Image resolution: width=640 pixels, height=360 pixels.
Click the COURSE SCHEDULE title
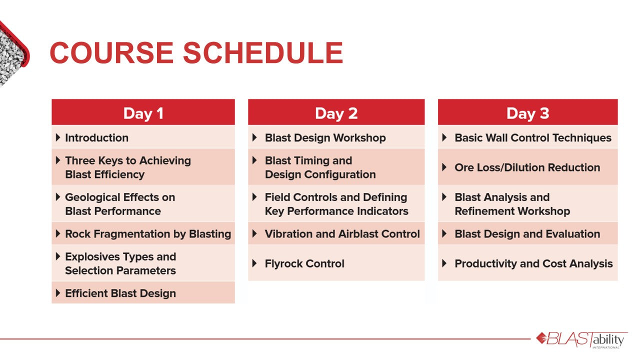click(x=196, y=52)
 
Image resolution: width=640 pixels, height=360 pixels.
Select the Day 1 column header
click(x=143, y=113)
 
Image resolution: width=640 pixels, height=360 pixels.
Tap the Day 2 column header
click(x=336, y=113)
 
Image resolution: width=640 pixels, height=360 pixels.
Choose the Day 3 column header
click(x=527, y=113)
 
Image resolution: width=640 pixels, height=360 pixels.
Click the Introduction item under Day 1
click(x=96, y=137)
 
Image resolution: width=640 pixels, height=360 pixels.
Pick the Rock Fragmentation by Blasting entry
click(x=148, y=233)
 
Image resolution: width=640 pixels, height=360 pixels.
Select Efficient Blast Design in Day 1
click(x=120, y=293)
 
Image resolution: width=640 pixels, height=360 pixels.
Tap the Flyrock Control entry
click(x=304, y=263)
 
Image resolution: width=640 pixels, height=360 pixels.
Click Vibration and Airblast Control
click(x=342, y=233)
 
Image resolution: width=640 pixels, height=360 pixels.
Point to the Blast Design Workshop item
click(x=325, y=137)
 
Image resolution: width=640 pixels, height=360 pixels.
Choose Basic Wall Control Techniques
click(x=533, y=137)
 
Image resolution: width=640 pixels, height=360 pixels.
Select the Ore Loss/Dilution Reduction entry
click(x=527, y=167)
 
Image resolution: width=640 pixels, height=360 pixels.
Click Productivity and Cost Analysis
click(x=533, y=263)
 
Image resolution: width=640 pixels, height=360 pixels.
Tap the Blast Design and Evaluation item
click(x=527, y=233)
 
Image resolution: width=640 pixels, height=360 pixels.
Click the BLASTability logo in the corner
click(x=581, y=339)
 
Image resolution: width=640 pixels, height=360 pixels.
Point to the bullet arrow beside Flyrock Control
click(x=255, y=263)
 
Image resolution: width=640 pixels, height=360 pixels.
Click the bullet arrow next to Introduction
click(x=58, y=137)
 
